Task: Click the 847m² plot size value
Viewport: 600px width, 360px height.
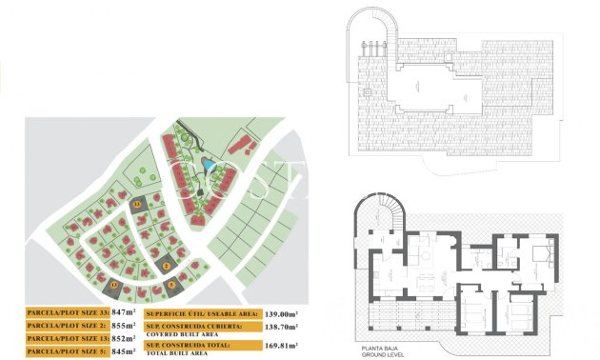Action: pyautogui.click(x=125, y=311)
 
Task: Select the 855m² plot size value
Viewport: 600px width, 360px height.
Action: pyautogui.click(x=125, y=325)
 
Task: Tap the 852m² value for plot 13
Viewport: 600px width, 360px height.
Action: pyautogui.click(x=125, y=337)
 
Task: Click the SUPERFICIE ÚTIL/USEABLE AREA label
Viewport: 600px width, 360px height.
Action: pyautogui.click(x=202, y=312)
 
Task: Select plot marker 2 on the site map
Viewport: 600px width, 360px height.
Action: pyautogui.click(x=167, y=266)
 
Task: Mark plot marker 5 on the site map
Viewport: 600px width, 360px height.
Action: pyautogui.click(x=171, y=284)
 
